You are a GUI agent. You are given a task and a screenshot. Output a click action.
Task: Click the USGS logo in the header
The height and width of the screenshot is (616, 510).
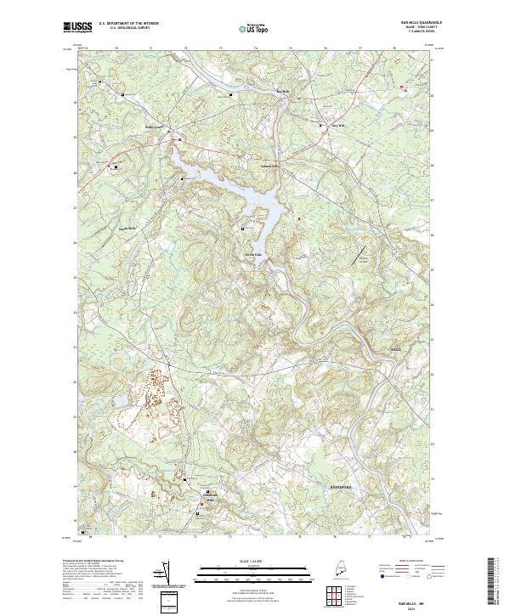[x=77, y=27]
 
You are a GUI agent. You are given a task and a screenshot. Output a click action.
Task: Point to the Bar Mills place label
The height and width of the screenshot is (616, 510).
[x=284, y=90]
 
